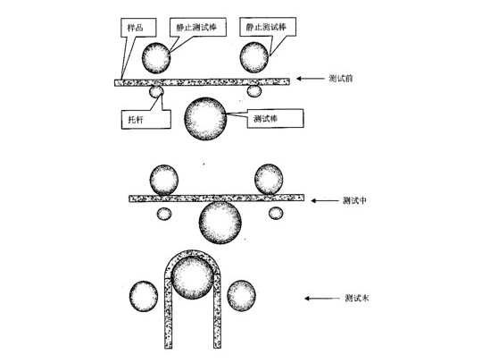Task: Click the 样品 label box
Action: tap(138, 28)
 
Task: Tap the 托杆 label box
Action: tap(146, 119)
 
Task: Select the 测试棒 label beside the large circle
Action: tap(275, 118)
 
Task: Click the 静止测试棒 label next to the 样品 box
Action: tap(197, 27)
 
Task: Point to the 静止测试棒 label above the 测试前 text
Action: tap(268, 27)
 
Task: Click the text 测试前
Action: tap(341, 79)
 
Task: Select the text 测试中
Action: tap(354, 201)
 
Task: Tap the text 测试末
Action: tap(357, 298)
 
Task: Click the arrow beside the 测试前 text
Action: tap(310, 79)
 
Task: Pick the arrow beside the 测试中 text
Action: tap(324, 201)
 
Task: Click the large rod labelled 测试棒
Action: tap(205, 119)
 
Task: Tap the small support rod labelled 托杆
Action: tap(156, 91)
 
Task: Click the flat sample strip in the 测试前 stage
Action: tap(202, 82)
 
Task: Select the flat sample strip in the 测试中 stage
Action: tap(216, 198)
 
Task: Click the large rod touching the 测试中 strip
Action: tap(220, 223)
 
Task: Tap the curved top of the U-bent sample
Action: tap(192, 253)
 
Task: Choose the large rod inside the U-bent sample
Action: tap(192, 278)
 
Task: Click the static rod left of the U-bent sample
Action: tap(144, 296)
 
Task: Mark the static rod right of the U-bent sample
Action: tap(241, 296)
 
